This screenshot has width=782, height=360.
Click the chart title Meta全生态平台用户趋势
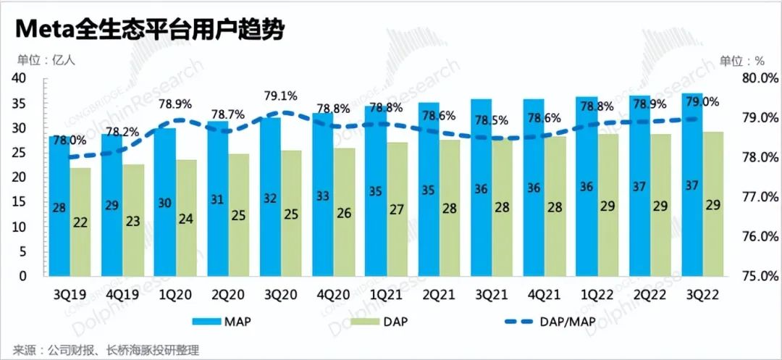149,30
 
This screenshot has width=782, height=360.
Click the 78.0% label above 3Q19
69,140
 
